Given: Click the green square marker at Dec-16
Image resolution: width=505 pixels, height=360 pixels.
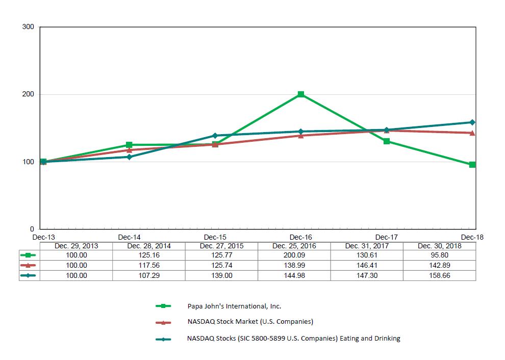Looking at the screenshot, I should coord(301,94).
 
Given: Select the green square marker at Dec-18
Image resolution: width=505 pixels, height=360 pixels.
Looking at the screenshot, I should coord(472,165).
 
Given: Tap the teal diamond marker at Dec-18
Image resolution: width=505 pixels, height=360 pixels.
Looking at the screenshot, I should coord(472,122).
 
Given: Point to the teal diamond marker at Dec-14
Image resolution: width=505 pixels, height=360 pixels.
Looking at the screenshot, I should coord(129,157).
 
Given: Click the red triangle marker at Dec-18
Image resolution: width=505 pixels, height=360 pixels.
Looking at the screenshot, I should coord(472,133).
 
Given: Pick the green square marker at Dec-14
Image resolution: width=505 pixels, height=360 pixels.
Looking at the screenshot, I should coord(129,145).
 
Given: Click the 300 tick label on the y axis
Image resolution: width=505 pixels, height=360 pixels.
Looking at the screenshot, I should coord(28,27).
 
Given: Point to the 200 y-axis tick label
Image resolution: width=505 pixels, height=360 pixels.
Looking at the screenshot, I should coord(28,94).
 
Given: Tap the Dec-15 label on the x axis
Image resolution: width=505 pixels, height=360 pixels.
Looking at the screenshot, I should coord(215,237).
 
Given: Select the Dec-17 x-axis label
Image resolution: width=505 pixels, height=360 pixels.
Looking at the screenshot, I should coord(386,237).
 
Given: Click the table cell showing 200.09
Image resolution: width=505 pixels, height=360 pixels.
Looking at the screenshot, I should coord(294,255).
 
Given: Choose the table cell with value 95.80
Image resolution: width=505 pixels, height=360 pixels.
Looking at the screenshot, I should coord(439,255).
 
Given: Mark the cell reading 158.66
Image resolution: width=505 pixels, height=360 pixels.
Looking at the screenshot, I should coord(439,275).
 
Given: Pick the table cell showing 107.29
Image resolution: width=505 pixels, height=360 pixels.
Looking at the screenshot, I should coord(149,275).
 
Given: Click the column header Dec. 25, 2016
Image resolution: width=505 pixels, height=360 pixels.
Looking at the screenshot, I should coord(294,246).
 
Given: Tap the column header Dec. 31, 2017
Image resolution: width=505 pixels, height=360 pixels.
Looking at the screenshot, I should coord(366,246).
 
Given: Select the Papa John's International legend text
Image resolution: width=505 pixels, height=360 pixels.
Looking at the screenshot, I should coord(234,306).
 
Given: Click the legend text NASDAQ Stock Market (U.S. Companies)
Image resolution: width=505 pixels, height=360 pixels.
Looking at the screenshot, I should coord(250,322).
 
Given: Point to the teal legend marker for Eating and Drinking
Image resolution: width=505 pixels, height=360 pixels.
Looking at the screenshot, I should coord(163,339).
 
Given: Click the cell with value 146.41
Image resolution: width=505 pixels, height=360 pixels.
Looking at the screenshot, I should coord(366,265).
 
